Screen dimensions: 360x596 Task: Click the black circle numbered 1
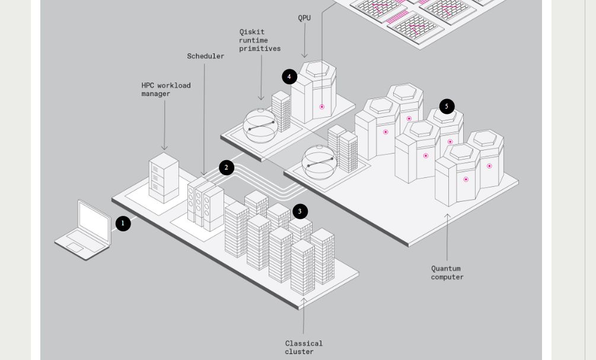coord(123,224)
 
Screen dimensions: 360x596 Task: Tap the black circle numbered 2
coord(226,168)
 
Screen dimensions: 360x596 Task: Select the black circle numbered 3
coord(299,211)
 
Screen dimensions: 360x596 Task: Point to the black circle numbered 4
coord(289,77)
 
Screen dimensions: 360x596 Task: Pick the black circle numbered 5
coord(447,107)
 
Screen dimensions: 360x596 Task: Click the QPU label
coord(304,18)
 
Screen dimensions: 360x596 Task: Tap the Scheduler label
coord(205,56)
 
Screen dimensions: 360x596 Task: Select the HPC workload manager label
coord(165,90)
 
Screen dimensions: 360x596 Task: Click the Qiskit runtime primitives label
coord(260,40)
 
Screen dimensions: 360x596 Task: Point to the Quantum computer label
coord(447,273)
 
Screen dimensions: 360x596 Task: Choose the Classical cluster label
coord(304,347)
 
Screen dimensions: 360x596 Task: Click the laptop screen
coord(95,222)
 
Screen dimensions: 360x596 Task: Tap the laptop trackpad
coord(75,247)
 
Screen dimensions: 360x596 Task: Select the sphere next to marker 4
coord(261,125)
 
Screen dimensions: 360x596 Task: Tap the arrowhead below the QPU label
coord(304,56)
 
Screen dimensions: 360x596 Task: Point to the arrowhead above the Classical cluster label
coord(304,301)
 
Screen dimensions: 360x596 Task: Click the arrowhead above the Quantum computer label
coord(447,216)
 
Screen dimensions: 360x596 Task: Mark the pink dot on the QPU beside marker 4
coord(322,107)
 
